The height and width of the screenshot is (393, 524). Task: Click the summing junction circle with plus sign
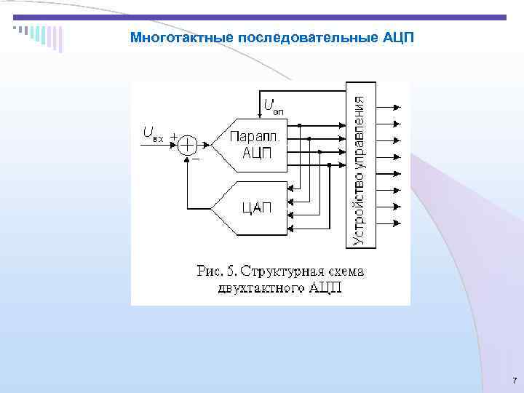(188, 144)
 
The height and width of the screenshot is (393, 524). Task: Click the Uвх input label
(153, 134)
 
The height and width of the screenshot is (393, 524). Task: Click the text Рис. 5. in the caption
(216, 271)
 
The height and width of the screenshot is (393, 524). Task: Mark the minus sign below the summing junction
(195, 157)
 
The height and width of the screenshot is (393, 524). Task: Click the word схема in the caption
(343, 271)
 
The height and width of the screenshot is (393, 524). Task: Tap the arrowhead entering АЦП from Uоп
(259, 112)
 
